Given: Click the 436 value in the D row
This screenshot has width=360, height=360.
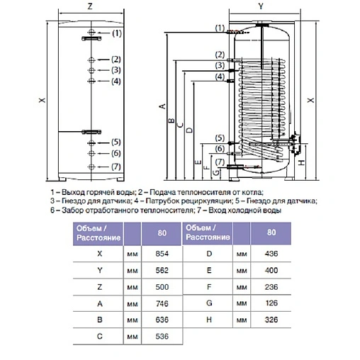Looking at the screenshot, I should tap(269, 252).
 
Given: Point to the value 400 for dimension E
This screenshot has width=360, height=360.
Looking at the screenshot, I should tap(269, 270).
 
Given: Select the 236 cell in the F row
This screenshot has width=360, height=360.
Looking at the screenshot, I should tap(269, 288).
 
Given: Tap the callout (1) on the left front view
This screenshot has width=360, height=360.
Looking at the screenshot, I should tap(117, 33).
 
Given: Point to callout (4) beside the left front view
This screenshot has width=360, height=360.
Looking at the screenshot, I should tap(117, 82).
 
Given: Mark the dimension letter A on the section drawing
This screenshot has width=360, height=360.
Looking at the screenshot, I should tap(162, 107).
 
